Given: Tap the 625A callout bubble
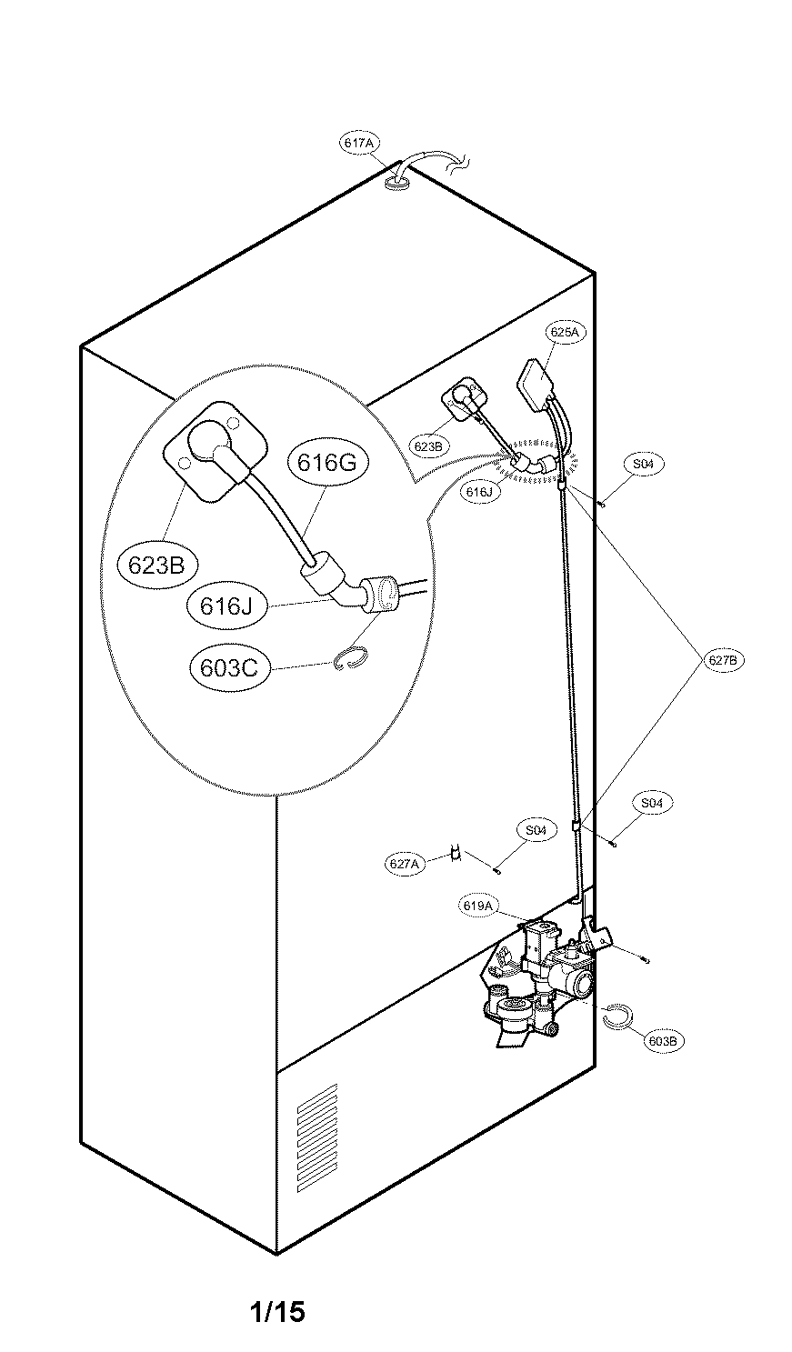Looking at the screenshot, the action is tap(565, 331).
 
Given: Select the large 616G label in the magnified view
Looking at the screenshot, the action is tap(327, 462).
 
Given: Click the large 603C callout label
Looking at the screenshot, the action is tap(229, 668).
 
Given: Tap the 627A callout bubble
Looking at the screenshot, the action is tap(404, 863).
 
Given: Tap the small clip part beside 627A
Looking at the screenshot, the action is tap(456, 854).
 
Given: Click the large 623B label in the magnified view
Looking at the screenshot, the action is tap(156, 566).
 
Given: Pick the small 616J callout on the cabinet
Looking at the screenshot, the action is tap(480, 492).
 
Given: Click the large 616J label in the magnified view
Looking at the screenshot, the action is tap(226, 606).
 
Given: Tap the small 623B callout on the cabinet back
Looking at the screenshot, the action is tap(428, 446).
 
